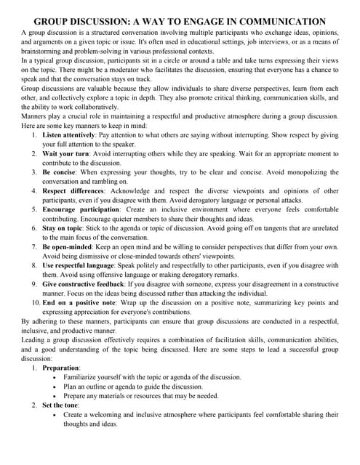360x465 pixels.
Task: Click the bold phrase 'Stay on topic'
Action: click(x=64, y=228)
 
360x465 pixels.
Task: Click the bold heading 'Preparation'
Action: click(x=63, y=368)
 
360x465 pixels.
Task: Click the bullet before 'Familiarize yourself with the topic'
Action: click(x=57, y=378)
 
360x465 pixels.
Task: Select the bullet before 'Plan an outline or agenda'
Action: click(x=57, y=387)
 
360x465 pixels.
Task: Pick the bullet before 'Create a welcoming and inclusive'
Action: click(x=57, y=415)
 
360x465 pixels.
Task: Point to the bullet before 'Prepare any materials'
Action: click(x=57, y=397)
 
